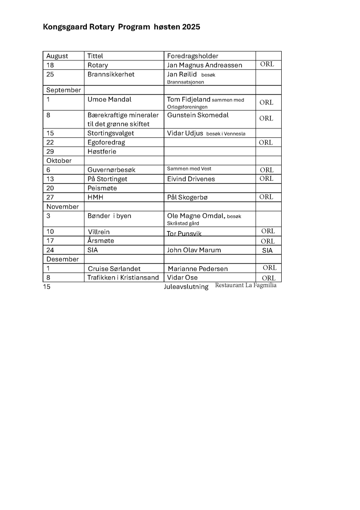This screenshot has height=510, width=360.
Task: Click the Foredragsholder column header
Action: pos(193,56)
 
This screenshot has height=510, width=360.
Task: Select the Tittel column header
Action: pos(95,56)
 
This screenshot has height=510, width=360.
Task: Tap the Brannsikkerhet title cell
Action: pos(111,75)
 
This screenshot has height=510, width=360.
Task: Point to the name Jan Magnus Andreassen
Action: pos(204,65)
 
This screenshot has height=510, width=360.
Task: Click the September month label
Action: pos(63,90)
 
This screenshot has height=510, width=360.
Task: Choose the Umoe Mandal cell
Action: pos(109,100)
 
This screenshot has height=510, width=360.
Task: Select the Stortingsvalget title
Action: pos(110,134)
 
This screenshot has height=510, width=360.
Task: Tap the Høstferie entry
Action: pos(102,152)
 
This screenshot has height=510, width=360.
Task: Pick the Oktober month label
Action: pos(59,161)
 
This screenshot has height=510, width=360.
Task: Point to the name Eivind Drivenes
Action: pos(191,179)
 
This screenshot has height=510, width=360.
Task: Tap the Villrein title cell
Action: pos(99,232)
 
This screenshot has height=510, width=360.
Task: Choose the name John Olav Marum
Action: pos(194,250)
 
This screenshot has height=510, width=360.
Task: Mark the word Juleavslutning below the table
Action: pos(186,287)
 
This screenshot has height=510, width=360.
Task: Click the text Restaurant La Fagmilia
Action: pos(245,286)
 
